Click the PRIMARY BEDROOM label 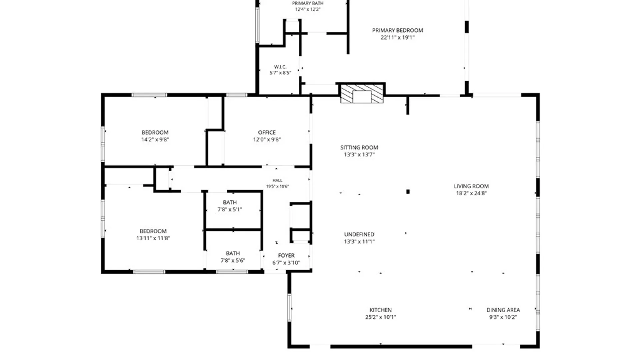(x=397, y=30)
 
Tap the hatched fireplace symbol (x=362, y=94)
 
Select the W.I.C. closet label (x=280, y=67)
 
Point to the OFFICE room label (x=267, y=132)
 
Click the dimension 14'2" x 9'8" (x=155, y=140)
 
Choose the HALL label (x=277, y=180)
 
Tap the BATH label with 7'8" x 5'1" (x=230, y=202)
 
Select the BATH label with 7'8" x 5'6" (x=233, y=253)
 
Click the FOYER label (x=286, y=255)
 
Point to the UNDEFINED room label (x=359, y=234)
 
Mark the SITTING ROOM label (x=359, y=147)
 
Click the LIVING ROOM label (x=471, y=186)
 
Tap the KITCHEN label (x=380, y=310)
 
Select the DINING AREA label (x=503, y=310)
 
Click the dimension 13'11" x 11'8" (x=153, y=238)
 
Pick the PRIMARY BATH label (x=308, y=3)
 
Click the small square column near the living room (x=408, y=192)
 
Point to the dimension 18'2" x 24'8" (x=471, y=193)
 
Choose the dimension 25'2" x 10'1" (x=380, y=317)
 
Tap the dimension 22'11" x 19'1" (x=397, y=38)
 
